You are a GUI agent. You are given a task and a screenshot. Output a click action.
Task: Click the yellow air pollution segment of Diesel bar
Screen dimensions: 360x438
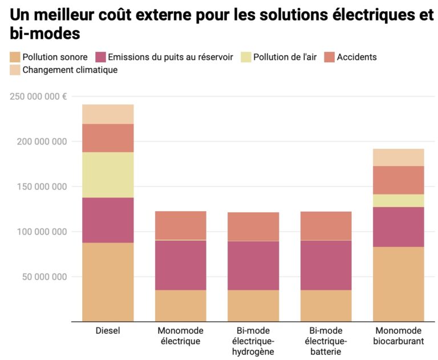pos(108,175)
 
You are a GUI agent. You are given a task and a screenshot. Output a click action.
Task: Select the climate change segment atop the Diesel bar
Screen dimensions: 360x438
pos(108,114)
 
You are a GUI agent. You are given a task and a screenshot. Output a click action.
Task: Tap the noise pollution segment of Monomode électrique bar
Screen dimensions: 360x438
pos(180,306)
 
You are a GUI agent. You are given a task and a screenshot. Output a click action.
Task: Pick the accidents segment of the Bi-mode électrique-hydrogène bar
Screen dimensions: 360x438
pos(253,226)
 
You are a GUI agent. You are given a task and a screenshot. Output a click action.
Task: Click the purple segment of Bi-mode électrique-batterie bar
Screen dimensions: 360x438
pos(326,265)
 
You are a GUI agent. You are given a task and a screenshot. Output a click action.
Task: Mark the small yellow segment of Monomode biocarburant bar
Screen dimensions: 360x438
pos(398,200)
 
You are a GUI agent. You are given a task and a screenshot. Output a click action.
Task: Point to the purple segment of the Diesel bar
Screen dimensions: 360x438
pos(108,220)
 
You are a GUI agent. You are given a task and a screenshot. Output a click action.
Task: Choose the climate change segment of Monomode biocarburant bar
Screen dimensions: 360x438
pos(398,157)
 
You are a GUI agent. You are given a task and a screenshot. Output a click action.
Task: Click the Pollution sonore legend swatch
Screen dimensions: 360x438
pos(15,57)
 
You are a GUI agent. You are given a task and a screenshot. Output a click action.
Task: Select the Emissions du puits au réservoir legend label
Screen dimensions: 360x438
pos(170,57)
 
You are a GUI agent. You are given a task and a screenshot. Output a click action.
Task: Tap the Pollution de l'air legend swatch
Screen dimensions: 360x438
pos(246,57)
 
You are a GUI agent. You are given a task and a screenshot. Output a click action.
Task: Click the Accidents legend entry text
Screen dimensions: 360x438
pos(356,57)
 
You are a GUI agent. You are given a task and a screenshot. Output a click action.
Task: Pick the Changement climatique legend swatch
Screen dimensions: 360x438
pos(15,70)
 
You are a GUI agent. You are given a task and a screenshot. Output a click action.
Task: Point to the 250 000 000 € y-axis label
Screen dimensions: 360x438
pos(38,96)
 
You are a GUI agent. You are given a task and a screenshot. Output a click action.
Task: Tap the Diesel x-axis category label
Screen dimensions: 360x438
pos(108,331)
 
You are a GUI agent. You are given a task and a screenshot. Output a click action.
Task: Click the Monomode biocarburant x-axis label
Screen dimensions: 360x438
pos(398,336)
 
